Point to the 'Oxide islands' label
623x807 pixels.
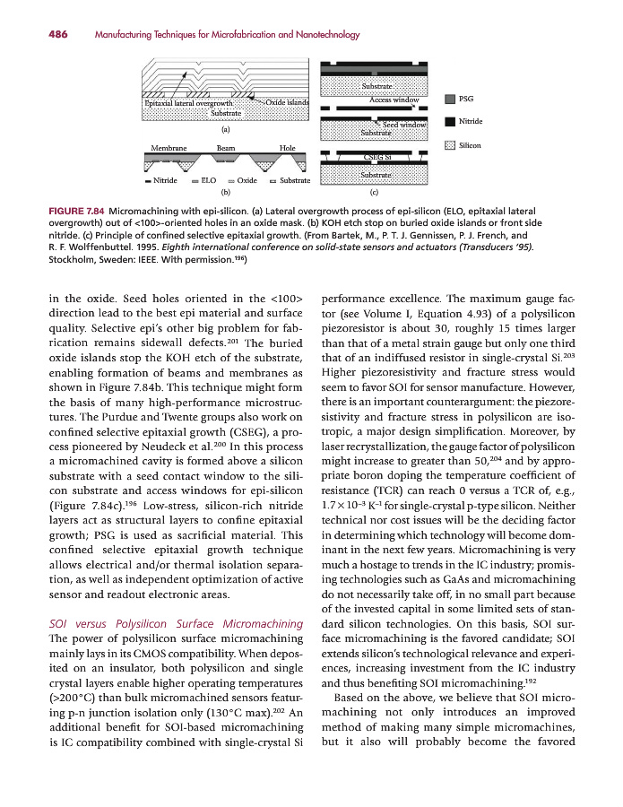287,102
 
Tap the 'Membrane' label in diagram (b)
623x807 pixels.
169,147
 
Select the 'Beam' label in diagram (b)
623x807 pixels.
226,147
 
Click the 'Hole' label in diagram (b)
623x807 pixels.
287,147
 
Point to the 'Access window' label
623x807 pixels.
394,100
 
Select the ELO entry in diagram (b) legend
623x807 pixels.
208,180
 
